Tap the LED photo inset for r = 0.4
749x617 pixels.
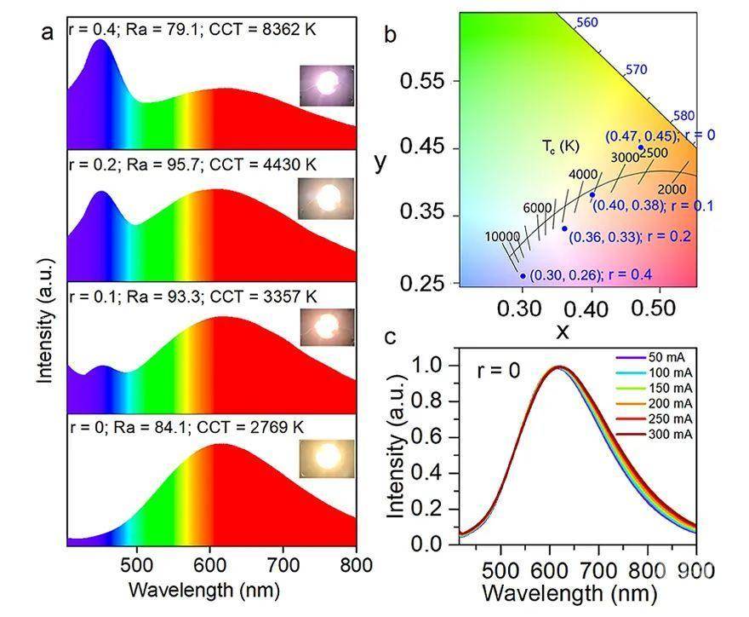(326, 84)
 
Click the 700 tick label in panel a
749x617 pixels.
(283, 563)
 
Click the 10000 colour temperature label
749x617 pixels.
(502, 236)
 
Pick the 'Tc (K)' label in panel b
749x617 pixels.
(559, 146)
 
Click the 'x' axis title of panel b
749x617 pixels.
(563, 332)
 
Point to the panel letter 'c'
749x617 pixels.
(391, 337)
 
